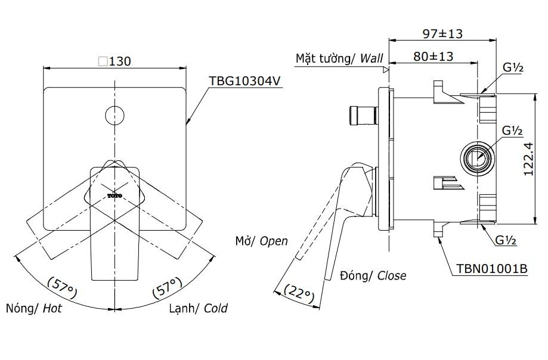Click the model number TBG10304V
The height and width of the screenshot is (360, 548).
244,81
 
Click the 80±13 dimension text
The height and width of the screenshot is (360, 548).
433,57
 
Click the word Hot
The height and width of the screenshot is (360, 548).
52,309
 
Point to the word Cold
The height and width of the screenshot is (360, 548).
215,309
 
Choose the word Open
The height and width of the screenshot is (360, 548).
274,241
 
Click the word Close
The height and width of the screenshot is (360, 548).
392,275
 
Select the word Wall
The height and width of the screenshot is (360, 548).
371,58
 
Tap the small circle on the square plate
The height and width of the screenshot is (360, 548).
114,114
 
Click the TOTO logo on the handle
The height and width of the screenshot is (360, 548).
114,195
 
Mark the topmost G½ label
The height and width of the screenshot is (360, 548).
512,69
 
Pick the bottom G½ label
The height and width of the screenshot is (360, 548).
506,240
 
